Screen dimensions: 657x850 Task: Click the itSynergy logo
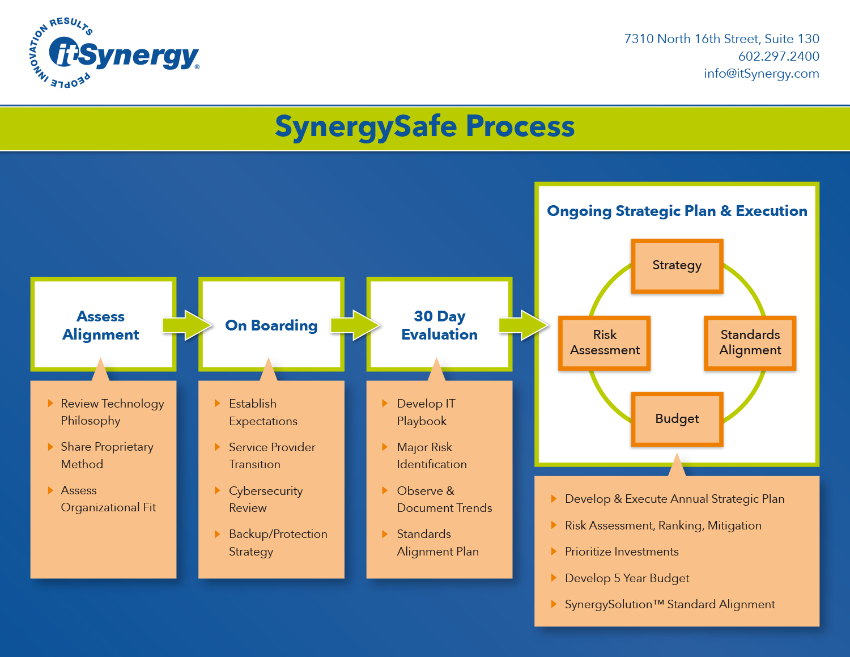click(x=113, y=53)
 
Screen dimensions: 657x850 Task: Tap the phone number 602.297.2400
click(x=778, y=56)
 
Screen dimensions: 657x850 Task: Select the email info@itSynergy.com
click(x=761, y=74)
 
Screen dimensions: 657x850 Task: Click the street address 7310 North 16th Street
click(x=721, y=39)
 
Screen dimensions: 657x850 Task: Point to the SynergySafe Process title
click(x=424, y=126)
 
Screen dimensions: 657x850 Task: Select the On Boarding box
click(x=271, y=325)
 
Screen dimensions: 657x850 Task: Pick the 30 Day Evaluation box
click(x=439, y=325)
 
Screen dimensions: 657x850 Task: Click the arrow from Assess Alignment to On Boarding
click(x=187, y=325)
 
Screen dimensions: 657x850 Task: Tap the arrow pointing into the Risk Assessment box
click(x=524, y=325)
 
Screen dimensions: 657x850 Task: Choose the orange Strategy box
click(x=677, y=265)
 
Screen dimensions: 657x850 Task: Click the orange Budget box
click(x=677, y=419)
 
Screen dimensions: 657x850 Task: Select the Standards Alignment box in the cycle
click(x=750, y=342)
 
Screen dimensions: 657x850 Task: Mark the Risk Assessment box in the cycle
click(x=605, y=342)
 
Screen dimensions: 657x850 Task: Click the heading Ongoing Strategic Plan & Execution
click(x=677, y=211)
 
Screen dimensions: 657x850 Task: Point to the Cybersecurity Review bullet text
click(x=265, y=499)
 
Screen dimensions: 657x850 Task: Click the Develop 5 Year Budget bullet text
click(x=627, y=578)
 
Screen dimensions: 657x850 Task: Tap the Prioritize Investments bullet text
click(x=621, y=552)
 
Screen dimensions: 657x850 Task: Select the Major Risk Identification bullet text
click(x=431, y=456)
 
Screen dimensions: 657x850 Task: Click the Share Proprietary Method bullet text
click(x=107, y=455)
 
